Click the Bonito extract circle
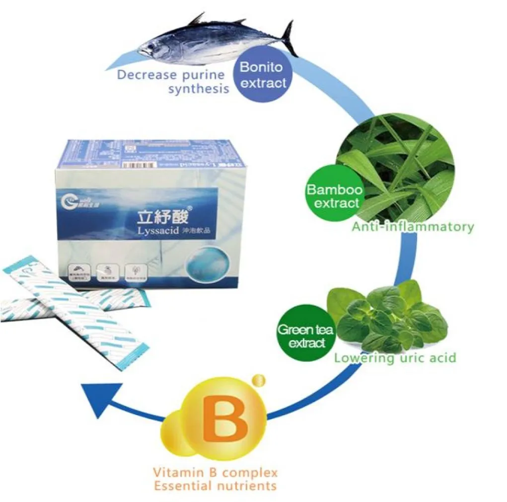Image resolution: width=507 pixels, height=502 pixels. coord(264,76)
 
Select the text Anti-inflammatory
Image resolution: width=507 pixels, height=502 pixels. coord(413,227)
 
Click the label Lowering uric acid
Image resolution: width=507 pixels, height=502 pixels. coord(395,358)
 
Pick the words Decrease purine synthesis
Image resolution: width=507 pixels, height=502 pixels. coord(171,82)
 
